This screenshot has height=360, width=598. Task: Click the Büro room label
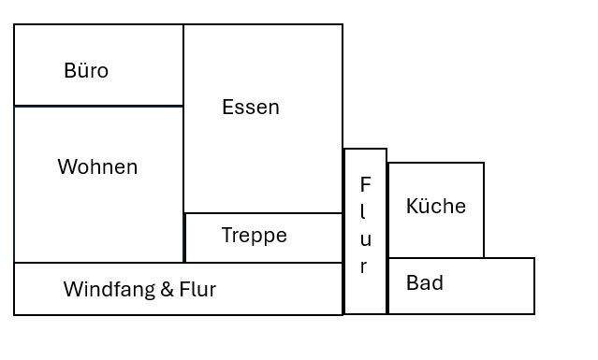click(x=86, y=71)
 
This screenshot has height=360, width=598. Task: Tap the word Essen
click(x=250, y=108)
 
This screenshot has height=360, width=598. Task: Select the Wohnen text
click(x=97, y=167)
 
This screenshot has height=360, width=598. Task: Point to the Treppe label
click(x=254, y=236)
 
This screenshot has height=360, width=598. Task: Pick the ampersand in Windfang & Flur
click(x=167, y=290)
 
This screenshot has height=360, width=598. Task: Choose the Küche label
click(x=435, y=207)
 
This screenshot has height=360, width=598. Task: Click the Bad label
click(x=424, y=282)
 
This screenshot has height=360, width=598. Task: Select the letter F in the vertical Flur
click(x=365, y=185)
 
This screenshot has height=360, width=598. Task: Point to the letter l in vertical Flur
click(x=365, y=212)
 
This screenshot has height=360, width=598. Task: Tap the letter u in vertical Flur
click(x=365, y=239)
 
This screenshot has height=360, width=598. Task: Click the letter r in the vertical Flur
click(x=365, y=266)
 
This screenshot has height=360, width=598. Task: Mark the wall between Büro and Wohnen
click(x=98, y=106)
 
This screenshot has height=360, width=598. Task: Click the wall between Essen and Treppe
click(x=263, y=213)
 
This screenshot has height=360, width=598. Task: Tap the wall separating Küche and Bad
click(x=436, y=258)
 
